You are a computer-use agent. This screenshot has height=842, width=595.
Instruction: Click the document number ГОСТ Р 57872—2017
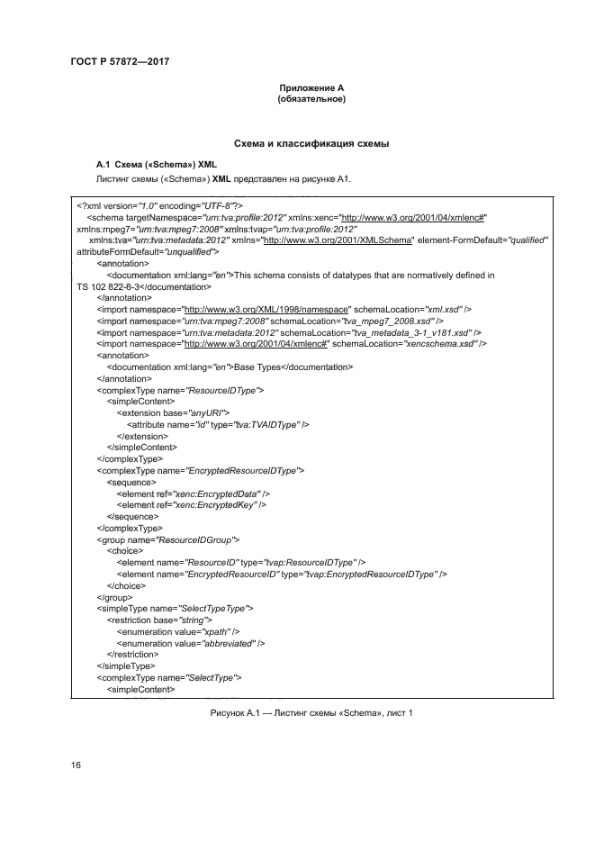coord(120,61)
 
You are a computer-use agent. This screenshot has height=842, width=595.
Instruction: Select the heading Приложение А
coord(311,88)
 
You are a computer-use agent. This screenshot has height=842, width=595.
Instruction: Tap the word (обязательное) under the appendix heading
coord(311,99)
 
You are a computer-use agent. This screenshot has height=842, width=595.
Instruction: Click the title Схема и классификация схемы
coord(311,143)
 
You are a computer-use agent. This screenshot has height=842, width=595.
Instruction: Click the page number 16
coord(77,765)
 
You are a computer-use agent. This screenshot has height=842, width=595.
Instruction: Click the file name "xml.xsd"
coord(434,309)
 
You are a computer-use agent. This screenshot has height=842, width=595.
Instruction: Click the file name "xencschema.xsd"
coord(442,344)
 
